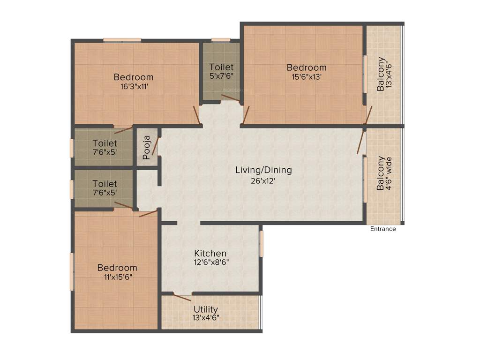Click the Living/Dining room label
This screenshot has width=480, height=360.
coord(263,170)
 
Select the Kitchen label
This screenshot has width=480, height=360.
coord(210,253)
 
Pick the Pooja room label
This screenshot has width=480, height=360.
coord(147,147)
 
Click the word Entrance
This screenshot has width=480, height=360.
coord(383,229)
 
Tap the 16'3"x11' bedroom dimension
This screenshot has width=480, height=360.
coord(134,86)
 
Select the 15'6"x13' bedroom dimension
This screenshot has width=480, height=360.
coord(306,77)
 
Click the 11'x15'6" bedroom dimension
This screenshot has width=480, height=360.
coord(117,277)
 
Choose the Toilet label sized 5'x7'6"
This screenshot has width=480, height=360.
coord(221,67)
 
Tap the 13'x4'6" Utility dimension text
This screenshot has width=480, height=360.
coord(206,318)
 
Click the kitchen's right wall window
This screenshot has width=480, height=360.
coord(262,244)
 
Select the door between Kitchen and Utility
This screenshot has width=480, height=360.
coord(182,295)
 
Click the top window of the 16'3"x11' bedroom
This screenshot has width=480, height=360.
coord(122,40)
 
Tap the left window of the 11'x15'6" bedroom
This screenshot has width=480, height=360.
coord(72,271)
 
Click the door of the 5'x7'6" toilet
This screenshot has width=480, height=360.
coord(230,98)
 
